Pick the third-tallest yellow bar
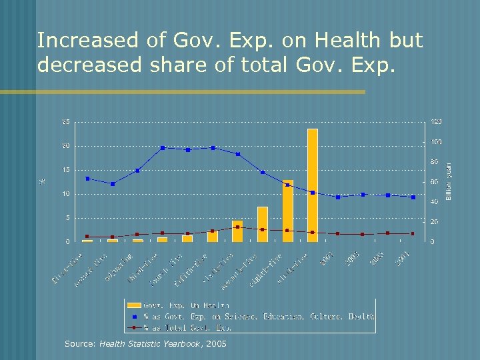pyautogui.click(x=263, y=224)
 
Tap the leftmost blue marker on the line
pyautogui.click(x=87, y=179)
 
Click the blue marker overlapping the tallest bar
pyautogui.click(x=313, y=193)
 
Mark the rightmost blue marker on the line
pyautogui.click(x=413, y=197)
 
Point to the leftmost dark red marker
pyautogui.click(x=87, y=237)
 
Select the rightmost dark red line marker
pyautogui.click(x=413, y=233)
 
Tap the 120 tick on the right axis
pyautogui.click(x=436, y=122)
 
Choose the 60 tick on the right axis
pyautogui.click(x=434, y=182)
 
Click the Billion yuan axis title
pyautogui.click(x=449, y=181)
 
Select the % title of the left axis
pyautogui.click(x=42, y=180)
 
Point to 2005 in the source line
pyautogui.click(x=217, y=344)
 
